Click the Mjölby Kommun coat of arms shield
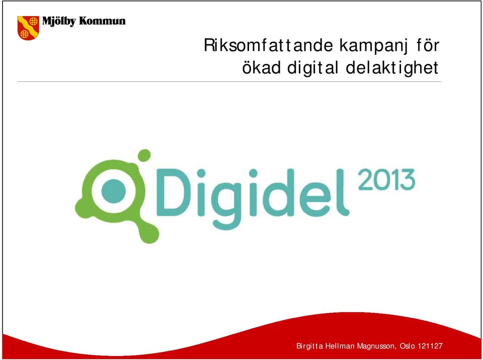28,28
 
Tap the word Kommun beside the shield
102,21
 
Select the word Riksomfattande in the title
268,46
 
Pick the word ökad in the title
261,67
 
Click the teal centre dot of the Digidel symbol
114,191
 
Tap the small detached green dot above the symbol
144,155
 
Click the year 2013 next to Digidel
386,179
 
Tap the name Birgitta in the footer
309,346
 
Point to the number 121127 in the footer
430,346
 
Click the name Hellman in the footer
340,346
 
